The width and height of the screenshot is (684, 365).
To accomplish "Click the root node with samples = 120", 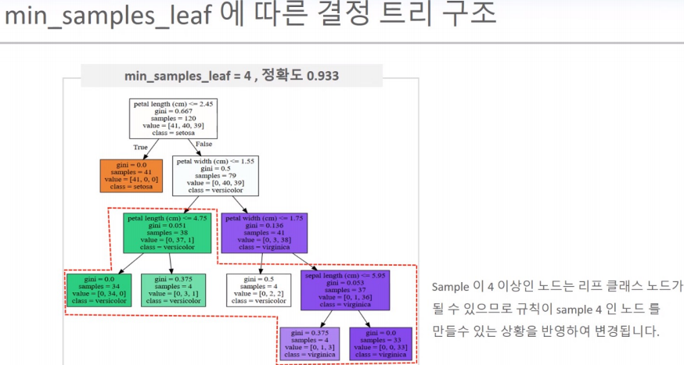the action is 174,118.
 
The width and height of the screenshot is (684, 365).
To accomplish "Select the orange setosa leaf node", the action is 131,175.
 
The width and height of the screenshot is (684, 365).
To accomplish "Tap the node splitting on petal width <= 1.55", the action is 215,175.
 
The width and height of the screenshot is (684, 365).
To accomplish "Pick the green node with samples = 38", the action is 167,232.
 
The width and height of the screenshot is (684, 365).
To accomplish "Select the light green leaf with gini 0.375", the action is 174,289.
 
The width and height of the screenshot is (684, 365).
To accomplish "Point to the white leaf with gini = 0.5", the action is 258,289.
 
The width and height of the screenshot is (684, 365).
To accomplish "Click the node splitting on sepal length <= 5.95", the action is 345,289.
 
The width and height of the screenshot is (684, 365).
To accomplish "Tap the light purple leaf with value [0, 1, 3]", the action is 309,344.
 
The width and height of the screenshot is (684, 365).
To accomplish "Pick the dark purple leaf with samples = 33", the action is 380,344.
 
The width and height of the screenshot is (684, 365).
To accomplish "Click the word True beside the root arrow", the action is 140,145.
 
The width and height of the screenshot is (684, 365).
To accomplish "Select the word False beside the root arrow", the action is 203,144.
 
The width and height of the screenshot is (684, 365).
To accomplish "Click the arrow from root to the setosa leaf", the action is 146,149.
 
